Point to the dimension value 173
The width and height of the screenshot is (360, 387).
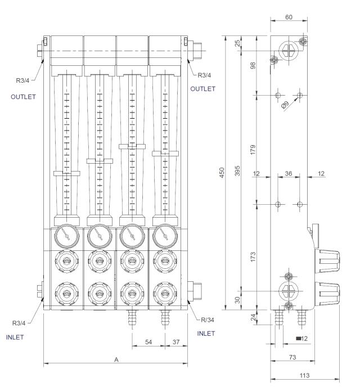[x=253, y=257]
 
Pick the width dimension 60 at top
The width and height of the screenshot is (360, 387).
[x=289, y=17]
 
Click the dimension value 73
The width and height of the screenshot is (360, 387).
[x=291, y=358]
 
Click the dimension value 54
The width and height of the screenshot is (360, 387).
[x=149, y=341]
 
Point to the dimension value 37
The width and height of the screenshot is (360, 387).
[x=176, y=341]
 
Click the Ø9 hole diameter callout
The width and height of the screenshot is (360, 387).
[x=285, y=104]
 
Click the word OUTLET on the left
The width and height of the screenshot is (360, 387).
[x=22, y=97]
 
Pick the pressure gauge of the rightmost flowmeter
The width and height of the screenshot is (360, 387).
[x=165, y=236]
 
